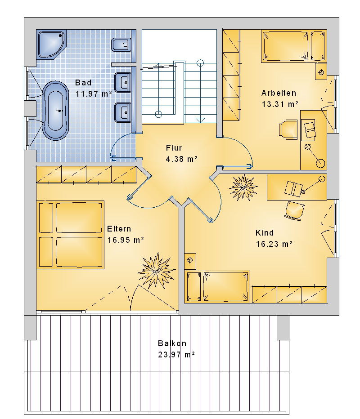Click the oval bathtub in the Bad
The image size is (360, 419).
point(55,111)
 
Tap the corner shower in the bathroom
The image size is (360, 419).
point(51,44)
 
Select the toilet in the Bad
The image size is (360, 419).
point(121,45)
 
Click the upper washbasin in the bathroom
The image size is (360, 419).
point(123,82)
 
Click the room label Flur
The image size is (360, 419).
point(174,148)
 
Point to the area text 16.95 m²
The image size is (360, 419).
point(126,240)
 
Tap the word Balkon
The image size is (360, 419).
point(172,343)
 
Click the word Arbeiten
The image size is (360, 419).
point(279,93)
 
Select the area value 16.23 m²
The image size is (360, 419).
point(274,244)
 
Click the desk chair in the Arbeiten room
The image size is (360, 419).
point(288,129)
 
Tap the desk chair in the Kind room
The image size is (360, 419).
point(294,211)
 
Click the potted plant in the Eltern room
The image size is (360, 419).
point(157,271)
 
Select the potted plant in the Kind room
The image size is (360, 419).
point(243,187)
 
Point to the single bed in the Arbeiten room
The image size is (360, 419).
point(294,46)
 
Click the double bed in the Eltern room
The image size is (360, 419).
point(70,235)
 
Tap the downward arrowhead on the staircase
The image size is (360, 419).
point(200,120)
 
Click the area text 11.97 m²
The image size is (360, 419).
point(94,94)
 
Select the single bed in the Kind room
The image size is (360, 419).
point(217,286)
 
